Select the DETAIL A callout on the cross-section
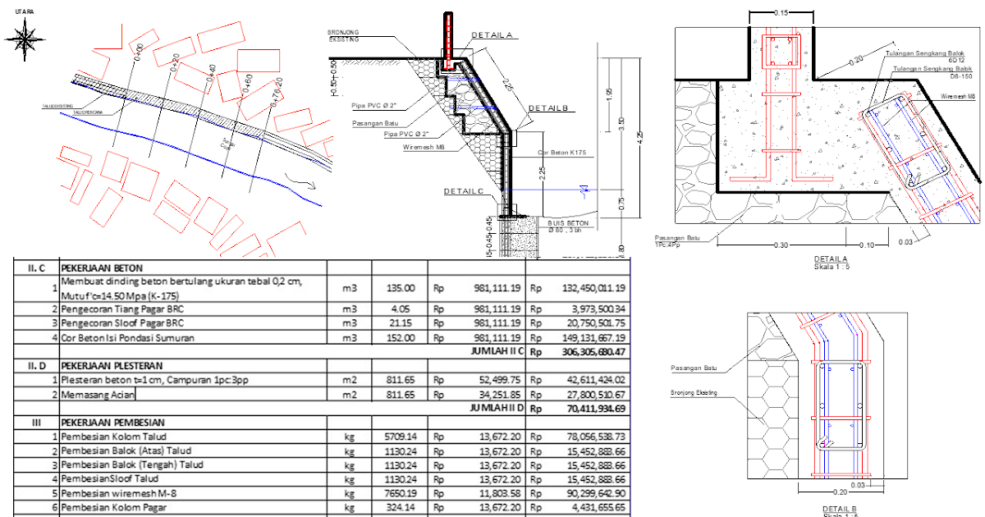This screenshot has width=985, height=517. coord(492,35)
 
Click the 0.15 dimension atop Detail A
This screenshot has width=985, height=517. coord(781,12)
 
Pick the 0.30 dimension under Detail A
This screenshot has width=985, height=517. coord(780,245)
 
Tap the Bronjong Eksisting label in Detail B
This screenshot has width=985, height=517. coord(694,393)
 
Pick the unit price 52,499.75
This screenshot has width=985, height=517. coord(492,380)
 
